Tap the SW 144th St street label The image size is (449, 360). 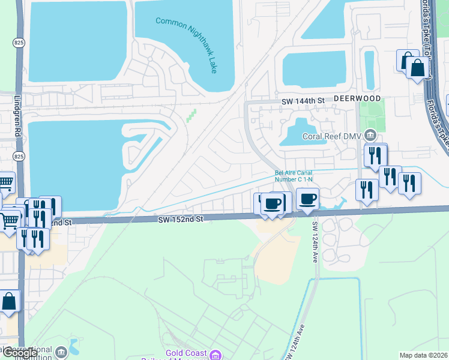point(303,102)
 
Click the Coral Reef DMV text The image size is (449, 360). point(332,136)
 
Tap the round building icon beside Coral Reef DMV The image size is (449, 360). point(371,136)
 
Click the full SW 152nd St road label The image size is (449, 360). point(181,220)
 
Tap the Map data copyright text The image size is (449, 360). point(424,355)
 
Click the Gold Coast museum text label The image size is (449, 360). point(187,354)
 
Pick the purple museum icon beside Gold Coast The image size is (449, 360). point(216,354)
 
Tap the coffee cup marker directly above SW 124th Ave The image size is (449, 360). point(308,199)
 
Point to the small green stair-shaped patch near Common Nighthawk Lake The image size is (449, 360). point(191,116)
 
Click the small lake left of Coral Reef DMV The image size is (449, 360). point(301,133)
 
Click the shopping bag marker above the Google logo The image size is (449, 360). point(9,302)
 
